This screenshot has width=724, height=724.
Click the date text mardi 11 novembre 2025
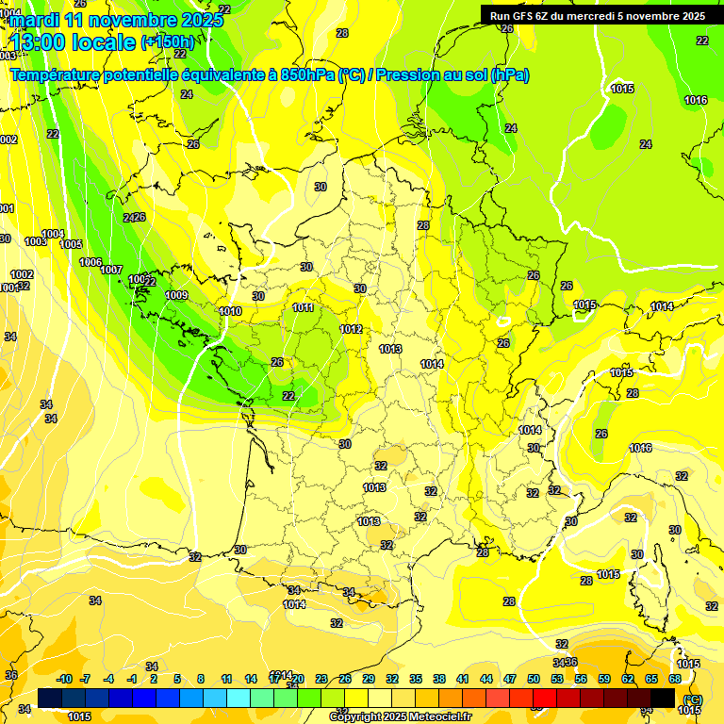(x=118, y=20)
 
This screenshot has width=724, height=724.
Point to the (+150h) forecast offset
(x=167, y=42)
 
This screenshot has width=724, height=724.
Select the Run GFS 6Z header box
(x=598, y=15)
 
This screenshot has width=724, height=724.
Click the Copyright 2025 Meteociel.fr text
(x=400, y=717)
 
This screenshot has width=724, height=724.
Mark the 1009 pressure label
(x=176, y=295)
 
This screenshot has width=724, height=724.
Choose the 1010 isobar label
(x=230, y=311)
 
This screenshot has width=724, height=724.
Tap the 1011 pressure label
(x=303, y=307)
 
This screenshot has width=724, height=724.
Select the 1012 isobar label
(x=351, y=329)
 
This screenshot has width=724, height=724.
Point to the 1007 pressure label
(x=111, y=270)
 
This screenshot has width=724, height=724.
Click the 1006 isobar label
(x=90, y=262)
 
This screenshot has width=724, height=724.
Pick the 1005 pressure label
(x=71, y=244)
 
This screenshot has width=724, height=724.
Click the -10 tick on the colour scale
(x=64, y=679)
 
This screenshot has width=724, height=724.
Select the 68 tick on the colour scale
(x=675, y=679)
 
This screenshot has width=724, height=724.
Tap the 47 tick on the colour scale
(x=510, y=679)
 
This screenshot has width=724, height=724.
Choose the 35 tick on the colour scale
(x=416, y=679)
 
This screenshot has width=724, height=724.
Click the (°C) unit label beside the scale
(x=694, y=699)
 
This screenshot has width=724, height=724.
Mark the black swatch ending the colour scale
(x=663, y=698)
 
